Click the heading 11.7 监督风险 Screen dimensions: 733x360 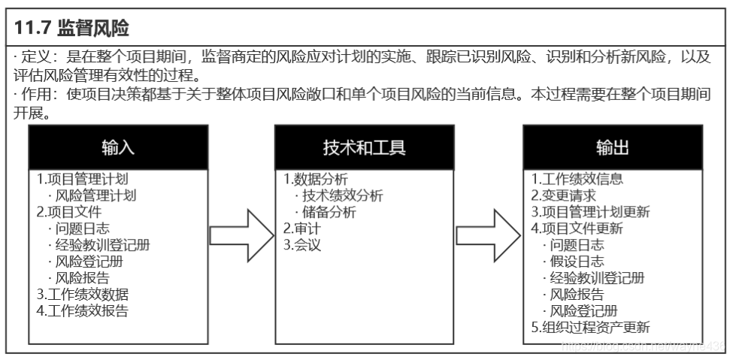(72, 29)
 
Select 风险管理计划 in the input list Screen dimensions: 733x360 (95, 195)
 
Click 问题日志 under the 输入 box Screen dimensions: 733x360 (80, 228)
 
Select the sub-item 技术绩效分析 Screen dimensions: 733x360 (342, 195)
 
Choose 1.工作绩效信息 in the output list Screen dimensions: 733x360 (577, 180)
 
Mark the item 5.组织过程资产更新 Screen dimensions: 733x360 (590, 327)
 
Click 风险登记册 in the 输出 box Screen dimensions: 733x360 (583, 310)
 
